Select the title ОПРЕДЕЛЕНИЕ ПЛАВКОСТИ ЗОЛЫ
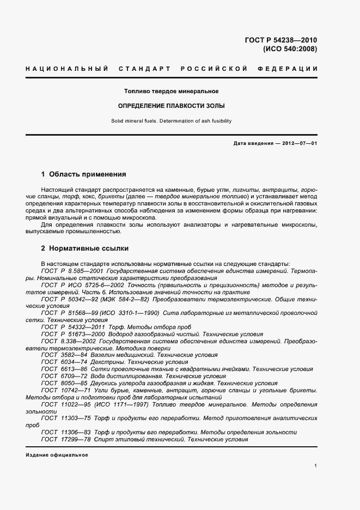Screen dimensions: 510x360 coord(172,106)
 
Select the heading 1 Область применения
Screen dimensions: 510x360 coord(84,175)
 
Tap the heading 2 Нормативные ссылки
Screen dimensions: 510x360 coord(85,248)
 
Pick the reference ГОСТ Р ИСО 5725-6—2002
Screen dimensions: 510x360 coord(76,285)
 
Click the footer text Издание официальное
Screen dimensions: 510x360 coord(57,454)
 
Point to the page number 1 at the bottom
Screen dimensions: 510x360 coord(315,466)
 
